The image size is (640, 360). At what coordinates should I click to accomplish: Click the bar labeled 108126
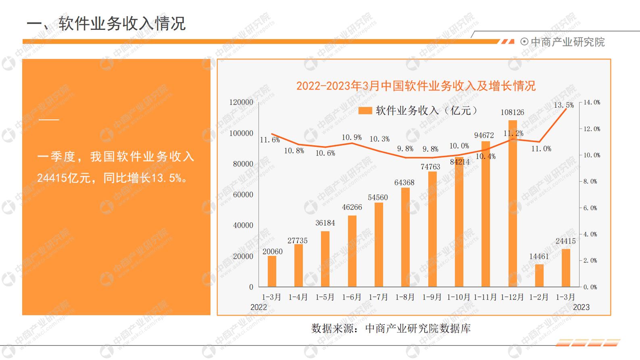(x=513, y=203)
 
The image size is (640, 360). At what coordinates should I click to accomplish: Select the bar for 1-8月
(x=405, y=237)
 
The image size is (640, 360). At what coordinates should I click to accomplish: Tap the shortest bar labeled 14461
(x=539, y=276)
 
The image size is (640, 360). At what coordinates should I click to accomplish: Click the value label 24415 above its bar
(x=565, y=241)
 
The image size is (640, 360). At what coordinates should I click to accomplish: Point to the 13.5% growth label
(x=563, y=105)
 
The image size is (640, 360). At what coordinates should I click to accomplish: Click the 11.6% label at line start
(x=269, y=140)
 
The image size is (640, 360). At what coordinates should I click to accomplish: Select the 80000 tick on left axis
(x=243, y=164)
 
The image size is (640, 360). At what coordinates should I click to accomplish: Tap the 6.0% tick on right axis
(x=591, y=208)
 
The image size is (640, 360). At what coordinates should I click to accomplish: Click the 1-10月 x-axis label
(x=459, y=297)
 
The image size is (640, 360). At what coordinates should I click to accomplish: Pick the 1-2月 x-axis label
(x=539, y=297)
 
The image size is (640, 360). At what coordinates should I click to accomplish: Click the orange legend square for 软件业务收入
(x=365, y=111)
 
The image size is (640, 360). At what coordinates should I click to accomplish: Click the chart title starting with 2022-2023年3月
(x=416, y=86)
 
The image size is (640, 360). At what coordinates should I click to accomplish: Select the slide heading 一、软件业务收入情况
(x=106, y=23)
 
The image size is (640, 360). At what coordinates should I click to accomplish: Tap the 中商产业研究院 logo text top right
(x=567, y=42)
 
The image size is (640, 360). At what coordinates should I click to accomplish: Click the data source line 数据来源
(x=390, y=329)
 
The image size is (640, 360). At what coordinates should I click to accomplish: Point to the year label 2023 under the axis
(x=581, y=307)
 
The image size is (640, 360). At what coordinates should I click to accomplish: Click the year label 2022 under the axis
(x=259, y=307)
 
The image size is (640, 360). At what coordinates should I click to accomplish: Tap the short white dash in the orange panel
(x=49, y=120)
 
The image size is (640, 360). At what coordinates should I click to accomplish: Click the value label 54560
(x=377, y=197)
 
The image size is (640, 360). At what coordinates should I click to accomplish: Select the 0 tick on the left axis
(x=251, y=287)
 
